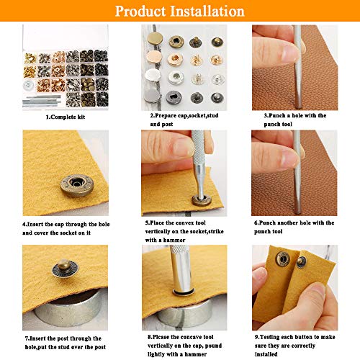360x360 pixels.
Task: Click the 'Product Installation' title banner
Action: point(180,12)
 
